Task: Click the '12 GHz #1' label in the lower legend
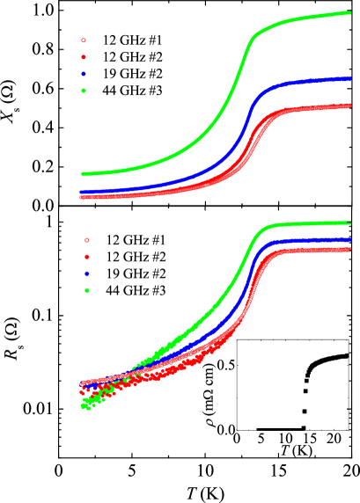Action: pos(136,239)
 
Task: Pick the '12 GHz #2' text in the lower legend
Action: pos(136,256)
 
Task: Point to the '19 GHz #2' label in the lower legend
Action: pos(136,273)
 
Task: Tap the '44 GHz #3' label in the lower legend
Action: pos(136,289)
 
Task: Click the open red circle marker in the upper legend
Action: pos(83,40)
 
